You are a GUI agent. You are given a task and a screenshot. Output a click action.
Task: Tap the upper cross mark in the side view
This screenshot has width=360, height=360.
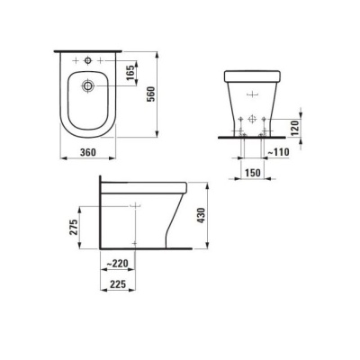(135, 206)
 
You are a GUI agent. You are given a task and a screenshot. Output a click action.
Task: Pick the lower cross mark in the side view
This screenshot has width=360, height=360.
(135, 241)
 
